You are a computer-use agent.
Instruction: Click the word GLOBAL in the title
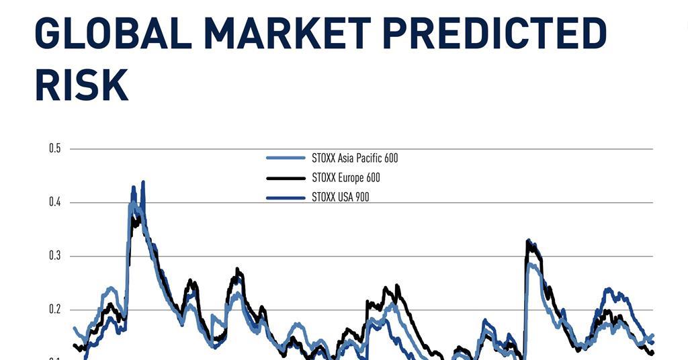(x=113, y=34)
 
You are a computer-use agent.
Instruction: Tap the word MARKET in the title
(x=288, y=34)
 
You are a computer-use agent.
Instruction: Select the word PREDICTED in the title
(x=494, y=34)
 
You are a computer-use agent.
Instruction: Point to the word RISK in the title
(x=81, y=85)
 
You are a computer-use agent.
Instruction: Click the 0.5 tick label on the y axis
(x=55, y=148)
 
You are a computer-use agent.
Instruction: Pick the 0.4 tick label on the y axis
(x=55, y=202)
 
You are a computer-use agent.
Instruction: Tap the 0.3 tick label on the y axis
(x=55, y=256)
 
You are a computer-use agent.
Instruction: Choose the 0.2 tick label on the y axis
(x=55, y=310)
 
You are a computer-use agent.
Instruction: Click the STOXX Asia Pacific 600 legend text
(x=355, y=158)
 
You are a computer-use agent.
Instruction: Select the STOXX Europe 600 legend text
(x=346, y=177)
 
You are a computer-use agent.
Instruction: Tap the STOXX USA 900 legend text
(x=341, y=197)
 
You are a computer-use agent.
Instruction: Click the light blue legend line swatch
(x=286, y=158)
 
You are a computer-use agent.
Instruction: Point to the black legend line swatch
(x=286, y=178)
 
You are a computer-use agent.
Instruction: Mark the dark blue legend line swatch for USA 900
(x=286, y=198)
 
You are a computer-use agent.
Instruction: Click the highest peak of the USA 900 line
(x=143, y=182)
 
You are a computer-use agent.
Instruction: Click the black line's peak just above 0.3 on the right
(x=528, y=240)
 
